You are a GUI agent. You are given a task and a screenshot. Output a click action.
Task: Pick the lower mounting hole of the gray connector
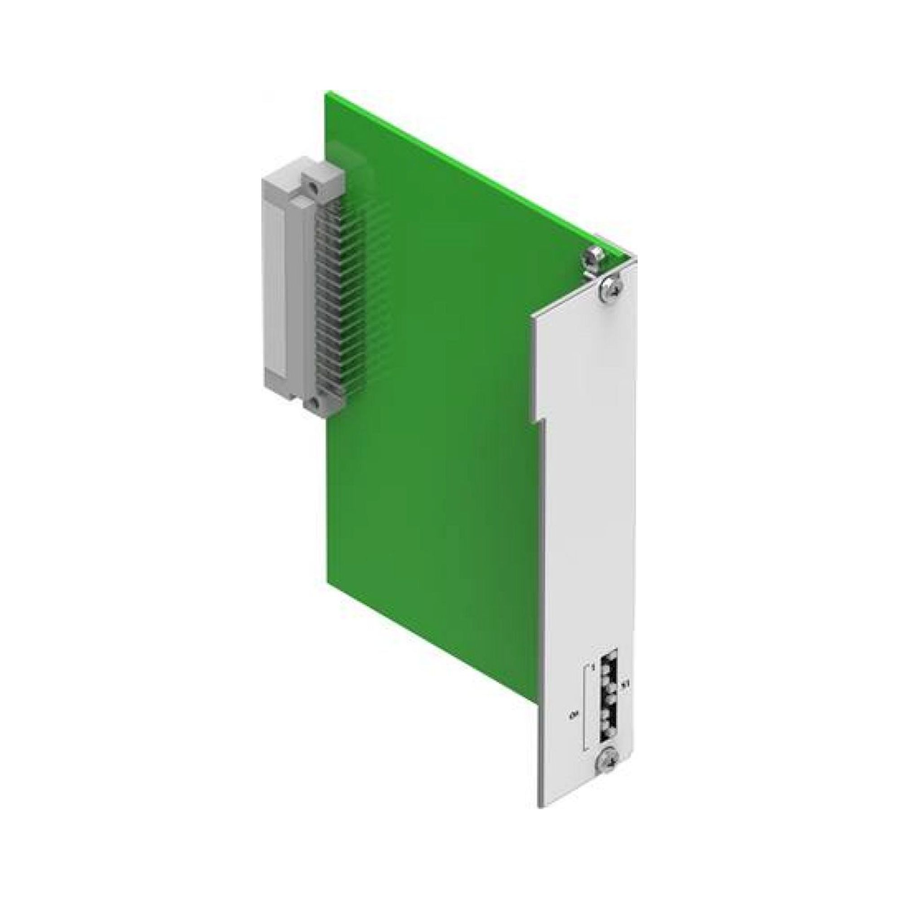coord(315,402)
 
